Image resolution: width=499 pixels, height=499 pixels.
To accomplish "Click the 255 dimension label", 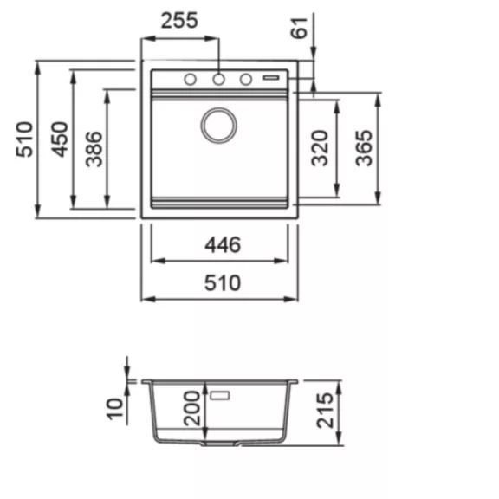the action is (179, 21).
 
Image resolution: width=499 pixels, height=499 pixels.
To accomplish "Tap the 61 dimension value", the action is (300, 29).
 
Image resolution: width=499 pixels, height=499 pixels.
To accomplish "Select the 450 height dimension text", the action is (60, 139).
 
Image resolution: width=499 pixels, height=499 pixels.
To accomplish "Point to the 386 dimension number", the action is (94, 149).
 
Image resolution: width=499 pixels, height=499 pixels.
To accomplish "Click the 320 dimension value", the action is (320, 148).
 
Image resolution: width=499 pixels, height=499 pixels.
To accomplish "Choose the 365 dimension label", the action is (364, 148).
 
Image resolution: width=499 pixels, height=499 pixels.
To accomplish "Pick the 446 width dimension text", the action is (223, 245).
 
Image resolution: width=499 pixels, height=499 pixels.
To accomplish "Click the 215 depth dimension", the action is (325, 411).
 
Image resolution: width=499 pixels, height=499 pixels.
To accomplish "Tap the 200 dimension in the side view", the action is (192, 409).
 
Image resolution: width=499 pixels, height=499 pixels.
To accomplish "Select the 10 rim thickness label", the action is (115, 409).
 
